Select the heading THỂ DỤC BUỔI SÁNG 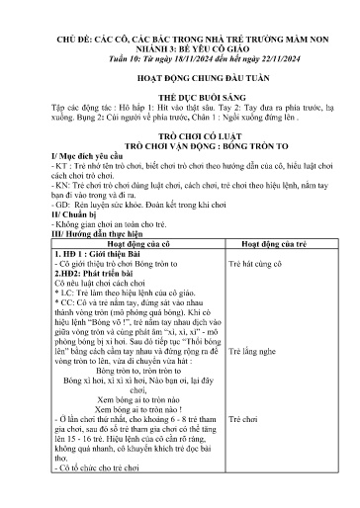pos(181,112)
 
